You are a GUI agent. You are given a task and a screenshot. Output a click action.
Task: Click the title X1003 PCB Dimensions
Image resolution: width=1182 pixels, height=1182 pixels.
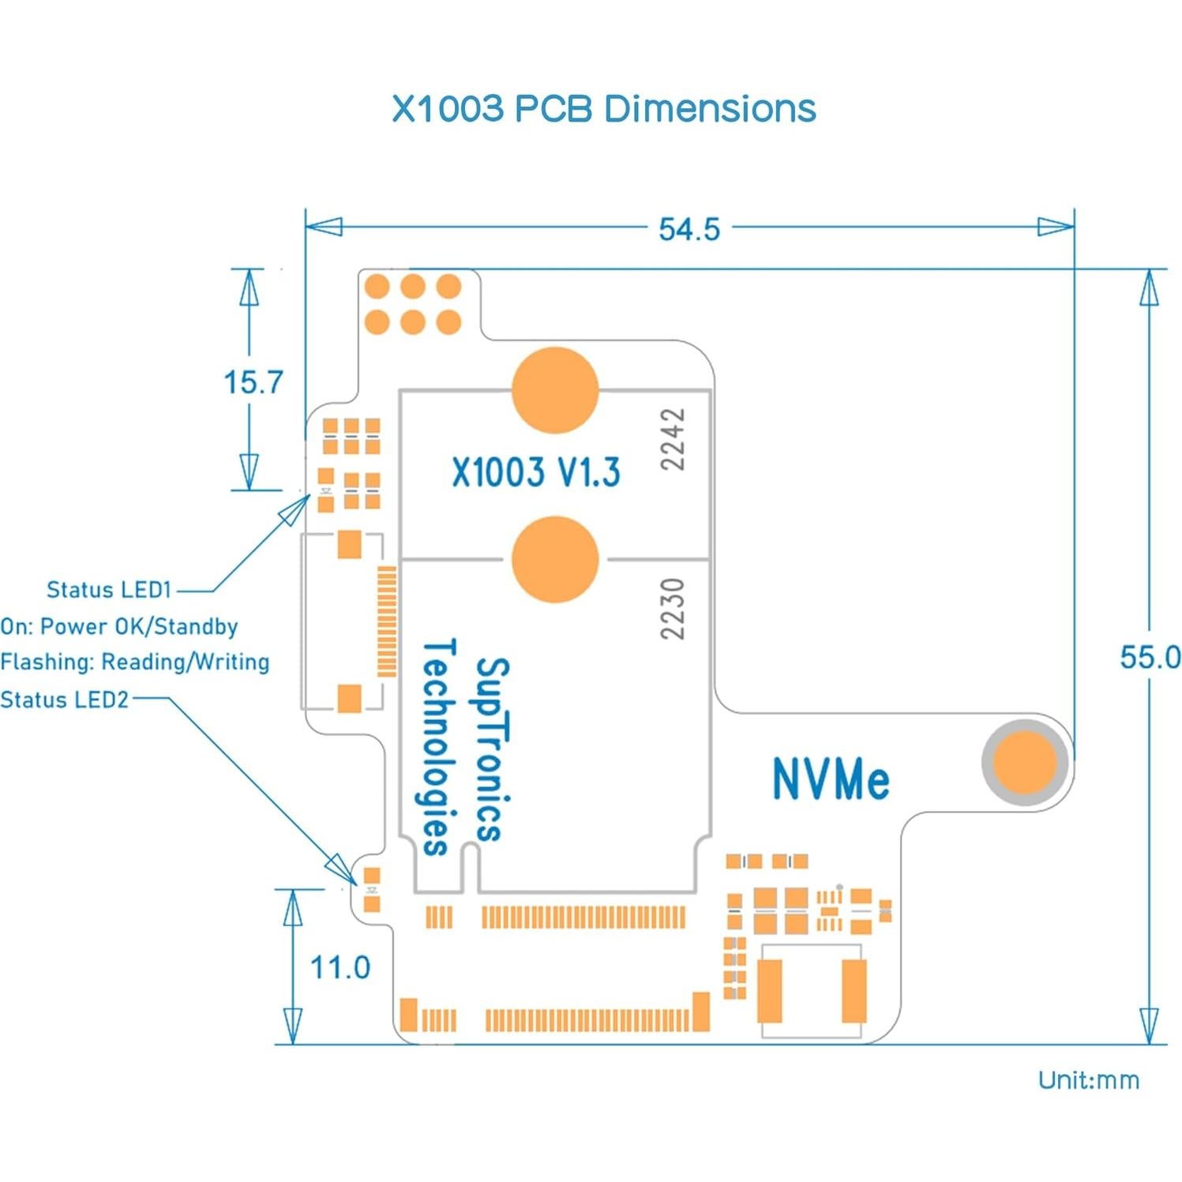click(x=604, y=108)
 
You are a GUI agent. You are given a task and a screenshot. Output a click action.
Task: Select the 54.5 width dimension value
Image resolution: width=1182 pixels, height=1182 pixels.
click(x=689, y=229)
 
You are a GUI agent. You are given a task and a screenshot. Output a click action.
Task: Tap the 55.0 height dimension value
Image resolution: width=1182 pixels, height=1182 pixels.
click(x=1149, y=657)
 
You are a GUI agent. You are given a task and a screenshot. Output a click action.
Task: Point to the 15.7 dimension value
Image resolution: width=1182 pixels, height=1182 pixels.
click(x=253, y=383)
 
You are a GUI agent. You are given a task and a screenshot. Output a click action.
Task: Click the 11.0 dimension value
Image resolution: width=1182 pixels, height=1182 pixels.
click(x=340, y=967)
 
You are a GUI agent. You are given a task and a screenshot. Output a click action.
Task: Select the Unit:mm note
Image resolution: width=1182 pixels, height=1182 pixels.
click(x=1088, y=1080)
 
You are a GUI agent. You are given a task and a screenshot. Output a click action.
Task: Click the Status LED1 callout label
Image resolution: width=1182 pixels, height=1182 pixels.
click(x=109, y=590)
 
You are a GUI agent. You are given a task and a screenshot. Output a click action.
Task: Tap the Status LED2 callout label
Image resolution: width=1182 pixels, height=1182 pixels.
click(x=65, y=700)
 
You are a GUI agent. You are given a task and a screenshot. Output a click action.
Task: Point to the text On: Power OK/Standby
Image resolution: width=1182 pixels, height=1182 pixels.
click(x=119, y=626)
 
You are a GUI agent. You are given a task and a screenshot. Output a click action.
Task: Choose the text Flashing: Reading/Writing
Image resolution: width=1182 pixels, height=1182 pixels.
click(x=135, y=662)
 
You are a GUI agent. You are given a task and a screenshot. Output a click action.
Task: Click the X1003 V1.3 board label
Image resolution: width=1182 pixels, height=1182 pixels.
click(x=536, y=472)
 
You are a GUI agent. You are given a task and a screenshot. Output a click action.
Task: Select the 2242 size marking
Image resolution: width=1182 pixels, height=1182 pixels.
click(x=673, y=440)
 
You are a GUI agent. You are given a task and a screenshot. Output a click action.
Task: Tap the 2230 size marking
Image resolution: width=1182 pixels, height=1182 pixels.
click(x=672, y=609)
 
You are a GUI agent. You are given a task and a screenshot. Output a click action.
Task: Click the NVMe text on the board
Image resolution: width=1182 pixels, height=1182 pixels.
click(x=831, y=779)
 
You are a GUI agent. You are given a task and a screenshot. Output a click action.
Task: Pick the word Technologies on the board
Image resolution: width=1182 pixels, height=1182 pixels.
click(x=437, y=747)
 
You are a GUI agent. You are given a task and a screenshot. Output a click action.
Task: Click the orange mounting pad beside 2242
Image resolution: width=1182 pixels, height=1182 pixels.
click(x=555, y=390)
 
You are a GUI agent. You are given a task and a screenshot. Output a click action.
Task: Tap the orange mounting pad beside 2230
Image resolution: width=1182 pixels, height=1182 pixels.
click(x=555, y=559)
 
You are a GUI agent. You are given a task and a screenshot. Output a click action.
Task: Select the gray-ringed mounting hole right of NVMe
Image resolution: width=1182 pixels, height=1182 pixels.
click(x=1024, y=762)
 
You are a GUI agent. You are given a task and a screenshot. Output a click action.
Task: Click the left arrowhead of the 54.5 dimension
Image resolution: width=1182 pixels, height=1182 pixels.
click(x=325, y=227)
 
